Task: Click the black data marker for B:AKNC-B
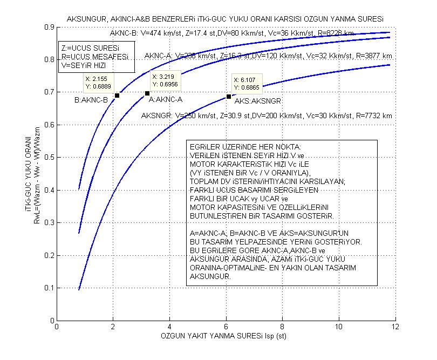point(117,96)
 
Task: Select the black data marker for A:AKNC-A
point(147,93)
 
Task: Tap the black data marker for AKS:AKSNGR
point(229,97)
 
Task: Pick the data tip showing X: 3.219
point(165,80)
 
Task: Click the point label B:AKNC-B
point(91,100)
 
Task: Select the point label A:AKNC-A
point(166,100)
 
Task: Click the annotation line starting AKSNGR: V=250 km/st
point(266,116)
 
